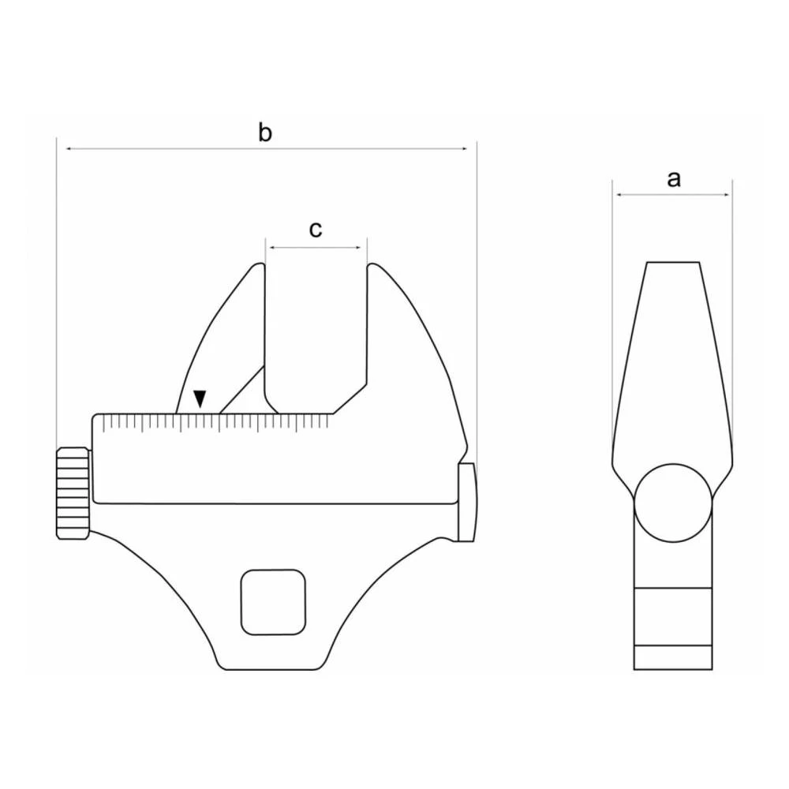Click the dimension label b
(x=265, y=133)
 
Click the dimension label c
(x=315, y=230)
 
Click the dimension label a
(x=673, y=179)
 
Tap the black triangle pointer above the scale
(x=200, y=398)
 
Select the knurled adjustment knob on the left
(x=72, y=493)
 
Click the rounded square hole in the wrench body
(x=273, y=602)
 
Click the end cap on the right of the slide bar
(x=466, y=502)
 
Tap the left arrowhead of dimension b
(x=69, y=148)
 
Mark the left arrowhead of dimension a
(x=619, y=195)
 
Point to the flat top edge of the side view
(x=673, y=262)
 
